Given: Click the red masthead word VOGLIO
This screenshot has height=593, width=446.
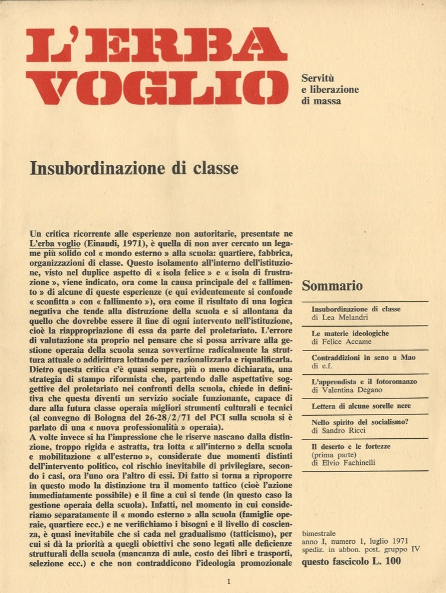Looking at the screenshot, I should (x=158, y=88).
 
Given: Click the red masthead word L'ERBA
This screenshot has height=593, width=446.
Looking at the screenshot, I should (x=152, y=44).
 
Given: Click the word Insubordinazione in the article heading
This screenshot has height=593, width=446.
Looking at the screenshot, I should (x=91, y=169).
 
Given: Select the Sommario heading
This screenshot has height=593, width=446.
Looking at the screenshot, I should (x=332, y=286).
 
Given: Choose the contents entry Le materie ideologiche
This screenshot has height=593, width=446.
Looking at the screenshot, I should (x=350, y=333).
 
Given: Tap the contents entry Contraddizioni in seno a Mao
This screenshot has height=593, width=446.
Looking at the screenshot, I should (x=364, y=358).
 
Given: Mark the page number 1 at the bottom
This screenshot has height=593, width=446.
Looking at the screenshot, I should (x=228, y=582).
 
